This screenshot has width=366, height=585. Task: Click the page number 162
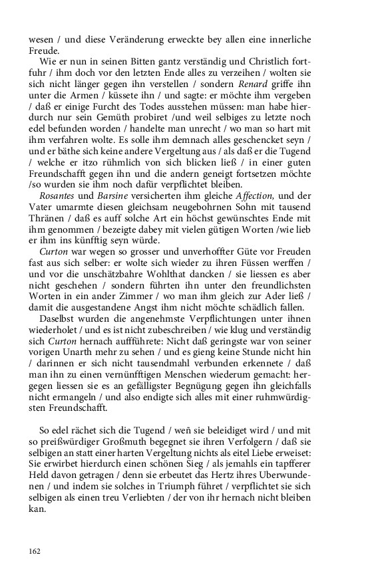click(35, 550)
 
